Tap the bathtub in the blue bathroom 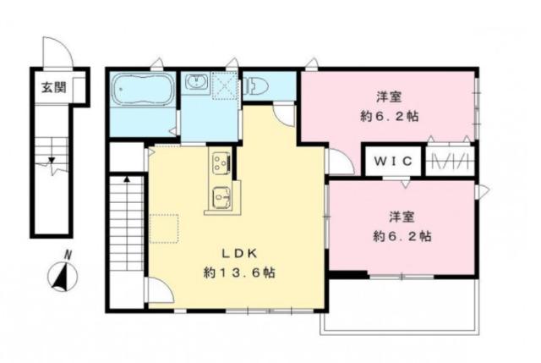(143, 88)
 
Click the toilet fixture (256, 85)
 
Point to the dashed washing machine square (226, 85)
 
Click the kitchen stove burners (220, 161)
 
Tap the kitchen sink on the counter (221, 197)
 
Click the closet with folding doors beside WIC (450, 160)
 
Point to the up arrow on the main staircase (127, 180)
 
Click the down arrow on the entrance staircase (52, 160)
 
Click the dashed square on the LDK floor (164, 229)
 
